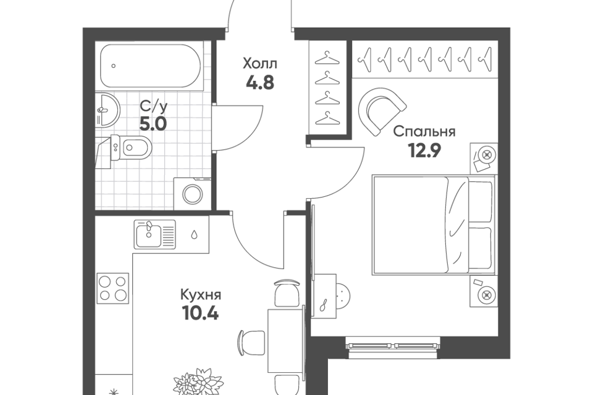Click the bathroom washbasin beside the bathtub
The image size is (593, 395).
coord(107,110)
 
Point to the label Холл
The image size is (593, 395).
coord(260,64)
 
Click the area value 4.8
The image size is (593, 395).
coord(260,82)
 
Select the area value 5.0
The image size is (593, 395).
coord(153,123)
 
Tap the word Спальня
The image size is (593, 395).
coord(424,132)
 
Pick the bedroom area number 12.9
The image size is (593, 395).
coord(424,151)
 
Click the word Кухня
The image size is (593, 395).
coord(200,295)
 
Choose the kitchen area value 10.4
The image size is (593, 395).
coord(200,314)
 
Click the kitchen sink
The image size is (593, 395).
coord(155,235)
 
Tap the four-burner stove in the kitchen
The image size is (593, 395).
coord(112,288)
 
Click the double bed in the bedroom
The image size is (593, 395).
coord(434,225)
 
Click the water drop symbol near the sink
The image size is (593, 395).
coord(193,235)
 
